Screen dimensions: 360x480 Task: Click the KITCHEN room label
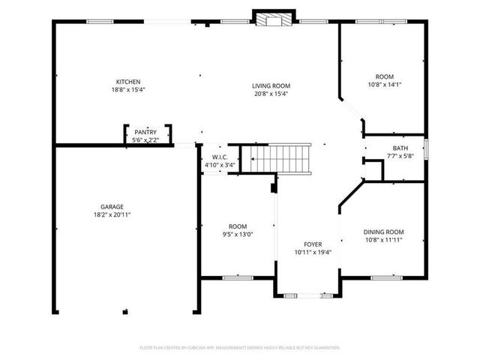pos(127,82)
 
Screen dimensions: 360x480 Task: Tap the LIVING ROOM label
pos(271,85)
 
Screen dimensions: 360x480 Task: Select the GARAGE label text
pos(112,206)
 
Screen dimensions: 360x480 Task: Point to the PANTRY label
pos(145,132)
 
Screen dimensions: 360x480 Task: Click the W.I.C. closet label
pos(219,157)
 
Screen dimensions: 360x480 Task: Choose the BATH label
pos(400,148)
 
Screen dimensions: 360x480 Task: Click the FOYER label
pos(313,244)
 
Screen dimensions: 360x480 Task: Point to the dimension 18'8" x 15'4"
pos(127,90)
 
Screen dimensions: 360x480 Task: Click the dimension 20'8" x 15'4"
pos(271,94)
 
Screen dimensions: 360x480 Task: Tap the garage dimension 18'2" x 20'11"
pos(112,214)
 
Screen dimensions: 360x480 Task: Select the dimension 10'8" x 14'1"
pos(385,85)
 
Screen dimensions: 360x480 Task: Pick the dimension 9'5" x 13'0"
pos(238,234)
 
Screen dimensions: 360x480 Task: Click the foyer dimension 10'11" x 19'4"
pos(313,252)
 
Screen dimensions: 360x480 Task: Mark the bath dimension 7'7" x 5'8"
pos(400,156)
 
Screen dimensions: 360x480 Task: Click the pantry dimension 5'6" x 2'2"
pos(145,139)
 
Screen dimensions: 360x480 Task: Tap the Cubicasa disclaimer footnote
pos(240,347)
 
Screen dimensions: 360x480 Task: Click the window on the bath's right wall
pos(426,148)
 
